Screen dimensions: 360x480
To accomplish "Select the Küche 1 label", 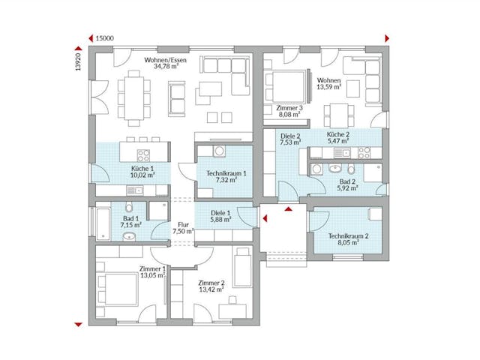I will click(142, 169).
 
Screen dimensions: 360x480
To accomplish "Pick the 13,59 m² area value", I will click(329, 87).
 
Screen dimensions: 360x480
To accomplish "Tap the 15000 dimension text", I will click(106, 37).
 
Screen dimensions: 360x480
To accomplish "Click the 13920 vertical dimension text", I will click(78, 61).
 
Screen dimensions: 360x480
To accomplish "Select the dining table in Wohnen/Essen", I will click(135, 98).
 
